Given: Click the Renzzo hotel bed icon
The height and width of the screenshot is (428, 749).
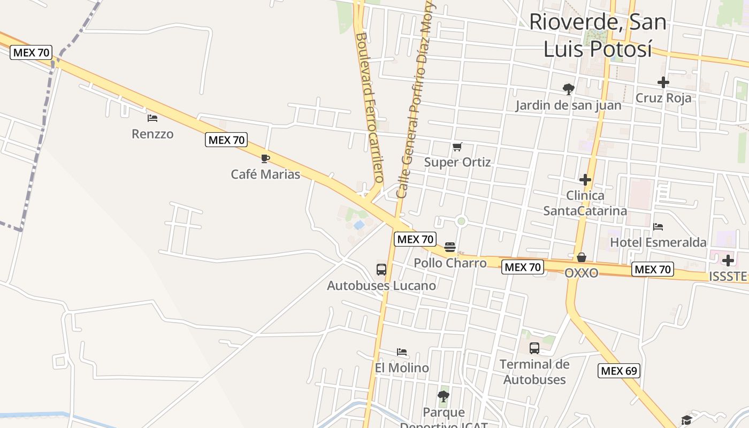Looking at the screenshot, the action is pyautogui.click(x=152, y=118).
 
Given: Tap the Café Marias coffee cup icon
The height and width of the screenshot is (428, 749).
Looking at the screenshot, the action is pyautogui.click(x=265, y=158).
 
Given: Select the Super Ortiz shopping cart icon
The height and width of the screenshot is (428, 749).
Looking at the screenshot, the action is pyautogui.click(x=457, y=147).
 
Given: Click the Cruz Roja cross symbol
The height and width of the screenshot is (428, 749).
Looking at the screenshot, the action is pyautogui.click(x=663, y=82).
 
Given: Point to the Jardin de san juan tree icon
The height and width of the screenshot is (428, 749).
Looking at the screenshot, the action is pyautogui.click(x=568, y=89).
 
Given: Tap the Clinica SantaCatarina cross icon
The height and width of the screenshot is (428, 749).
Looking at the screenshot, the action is pyautogui.click(x=585, y=179).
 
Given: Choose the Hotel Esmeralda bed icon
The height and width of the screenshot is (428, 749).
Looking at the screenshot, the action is pyautogui.click(x=658, y=227).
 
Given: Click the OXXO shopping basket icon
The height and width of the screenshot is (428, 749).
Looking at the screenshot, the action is pyautogui.click(x=582, y=257).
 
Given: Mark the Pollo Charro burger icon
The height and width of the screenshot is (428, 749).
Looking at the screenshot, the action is pyautogui.click(x=450, y=247).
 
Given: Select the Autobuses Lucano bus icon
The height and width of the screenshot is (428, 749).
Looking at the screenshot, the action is pyautogui.click(x=381, y=270).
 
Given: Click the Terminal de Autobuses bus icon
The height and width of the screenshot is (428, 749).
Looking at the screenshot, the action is pyautogui.click(x=534, y=348).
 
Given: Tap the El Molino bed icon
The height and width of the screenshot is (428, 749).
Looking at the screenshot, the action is pyautogui.click(x=402, y=352).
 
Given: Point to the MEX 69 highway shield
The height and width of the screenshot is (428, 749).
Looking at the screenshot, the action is pyautogui.click(x=619, y=371).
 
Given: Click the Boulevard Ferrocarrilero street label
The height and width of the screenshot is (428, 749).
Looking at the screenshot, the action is pyautogui.click(x=370, y=107).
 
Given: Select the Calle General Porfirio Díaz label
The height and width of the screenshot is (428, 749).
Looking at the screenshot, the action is pyautogui.click(x=416, y=102).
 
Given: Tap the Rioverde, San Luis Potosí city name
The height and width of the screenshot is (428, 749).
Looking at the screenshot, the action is pyautogui.click(x=598, y=35).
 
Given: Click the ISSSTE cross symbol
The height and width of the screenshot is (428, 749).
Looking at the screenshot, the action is pyautogui.click(x=728, y=261).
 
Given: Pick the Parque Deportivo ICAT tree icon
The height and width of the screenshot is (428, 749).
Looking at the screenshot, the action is pyautogui.click(x=443, y=396).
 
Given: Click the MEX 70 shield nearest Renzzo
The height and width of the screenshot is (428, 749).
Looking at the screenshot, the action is pyautogui.click(x=227, y=140).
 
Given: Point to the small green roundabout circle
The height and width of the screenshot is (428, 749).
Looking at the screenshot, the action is pyautogui.click(x=462, y=221).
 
